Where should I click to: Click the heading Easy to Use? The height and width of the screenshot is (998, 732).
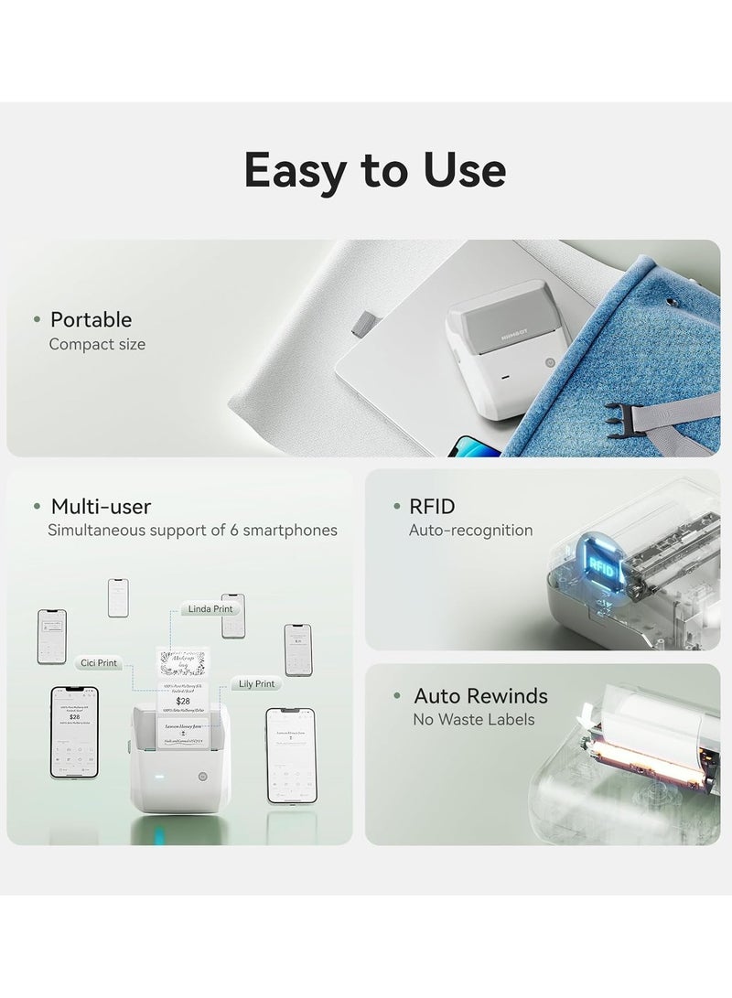373,169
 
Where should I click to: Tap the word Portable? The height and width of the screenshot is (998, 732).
91,319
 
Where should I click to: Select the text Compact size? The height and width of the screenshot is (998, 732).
97,344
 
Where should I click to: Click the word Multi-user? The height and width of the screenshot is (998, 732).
101,506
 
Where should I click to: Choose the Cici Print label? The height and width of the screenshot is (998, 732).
97,659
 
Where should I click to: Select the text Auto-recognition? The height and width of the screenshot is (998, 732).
470,530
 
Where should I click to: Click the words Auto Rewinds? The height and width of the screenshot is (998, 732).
480,695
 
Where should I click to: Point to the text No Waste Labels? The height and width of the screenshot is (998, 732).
474,720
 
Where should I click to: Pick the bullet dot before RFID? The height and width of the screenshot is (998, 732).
396,506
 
